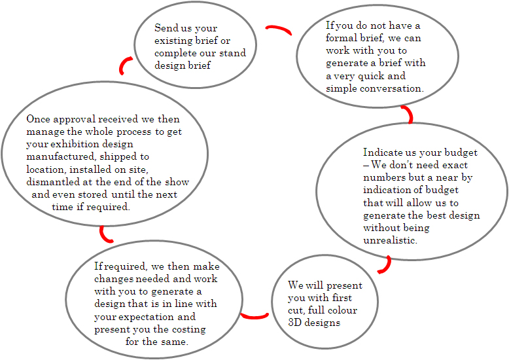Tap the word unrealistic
point(390,240)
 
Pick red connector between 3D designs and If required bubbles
point(254,316)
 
